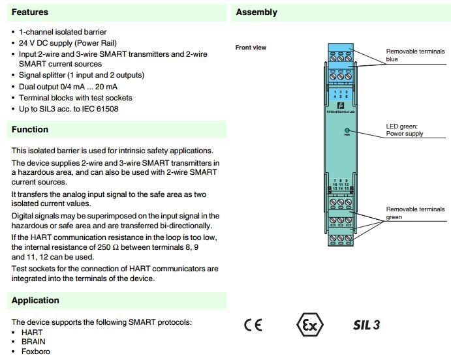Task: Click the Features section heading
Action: point(30,12)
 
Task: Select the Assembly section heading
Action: point(257,12)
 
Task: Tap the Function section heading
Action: point(30,130)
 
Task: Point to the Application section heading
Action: point(35,301)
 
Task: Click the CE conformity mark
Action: point(253,325)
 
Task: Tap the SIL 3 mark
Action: point(366,325)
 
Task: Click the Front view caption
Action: point(251,48)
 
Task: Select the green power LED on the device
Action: point(347,130)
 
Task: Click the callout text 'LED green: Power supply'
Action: point(405,130)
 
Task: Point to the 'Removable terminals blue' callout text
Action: point(414,55)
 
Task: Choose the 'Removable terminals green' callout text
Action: point(414,213)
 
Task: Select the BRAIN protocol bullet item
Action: point(33,342)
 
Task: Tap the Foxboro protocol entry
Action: point(35,352)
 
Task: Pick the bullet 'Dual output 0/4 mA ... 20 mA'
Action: point(69,87)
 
